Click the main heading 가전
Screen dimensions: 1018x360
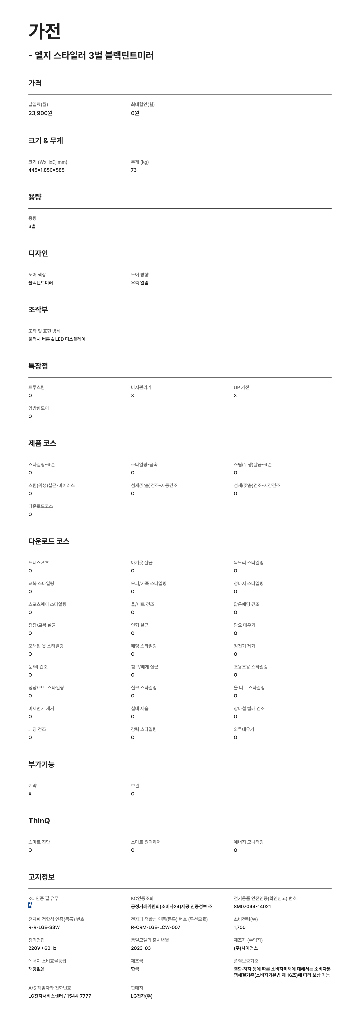coord(44,31)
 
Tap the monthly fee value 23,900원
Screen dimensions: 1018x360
coord(40,113)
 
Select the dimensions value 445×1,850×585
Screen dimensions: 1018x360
coord(46,170)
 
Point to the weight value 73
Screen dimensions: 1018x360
coord(134,170)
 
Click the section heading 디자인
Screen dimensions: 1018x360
coord(38,253)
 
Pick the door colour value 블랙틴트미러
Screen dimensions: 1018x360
coord(40,283)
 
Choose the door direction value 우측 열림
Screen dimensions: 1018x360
coord(139,283)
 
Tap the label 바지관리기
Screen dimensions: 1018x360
coord(141,387)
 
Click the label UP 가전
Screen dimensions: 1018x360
coord(241,387)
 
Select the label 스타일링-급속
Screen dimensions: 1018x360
coord(144,464)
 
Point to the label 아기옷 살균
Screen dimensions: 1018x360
coord(141,562)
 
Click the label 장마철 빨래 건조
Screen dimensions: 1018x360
coord(249,708)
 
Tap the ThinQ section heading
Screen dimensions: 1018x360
coord(39,821)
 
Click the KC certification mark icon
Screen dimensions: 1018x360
coord(30,905)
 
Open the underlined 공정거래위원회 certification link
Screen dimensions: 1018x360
coord(171,906)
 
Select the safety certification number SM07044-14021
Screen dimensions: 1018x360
coord(252,906)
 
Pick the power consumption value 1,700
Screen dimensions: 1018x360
coord(239,927)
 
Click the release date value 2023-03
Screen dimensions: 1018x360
coord(141,948)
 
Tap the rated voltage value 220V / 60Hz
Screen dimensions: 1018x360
coord(42,948)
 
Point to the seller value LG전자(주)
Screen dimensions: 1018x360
coord(141,996)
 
